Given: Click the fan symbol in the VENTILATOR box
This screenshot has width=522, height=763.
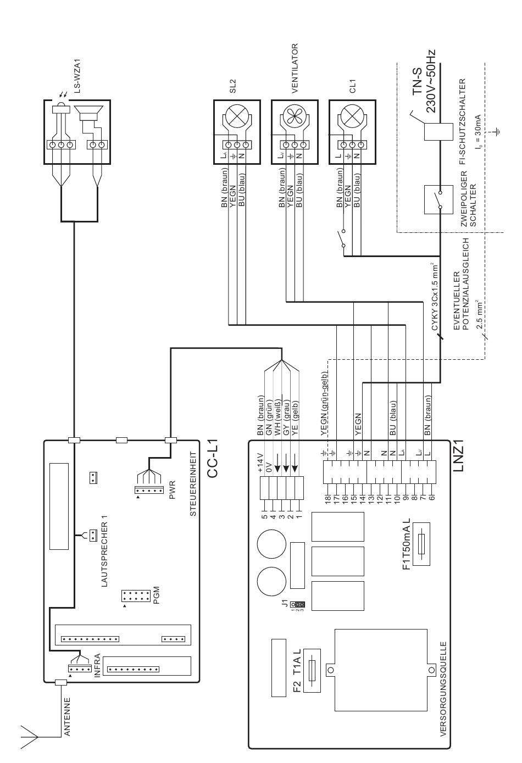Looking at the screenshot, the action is [295, 115].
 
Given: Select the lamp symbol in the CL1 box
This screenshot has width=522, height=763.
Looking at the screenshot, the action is [352, 115].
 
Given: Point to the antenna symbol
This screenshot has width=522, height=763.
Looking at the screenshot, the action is [29, 735].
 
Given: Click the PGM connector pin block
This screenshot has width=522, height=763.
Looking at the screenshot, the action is [136, 596].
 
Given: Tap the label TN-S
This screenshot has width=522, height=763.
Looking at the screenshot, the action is [417, 82].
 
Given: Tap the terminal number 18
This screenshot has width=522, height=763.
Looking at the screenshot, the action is [328, 499].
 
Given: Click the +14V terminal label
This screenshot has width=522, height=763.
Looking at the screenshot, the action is [260, 463].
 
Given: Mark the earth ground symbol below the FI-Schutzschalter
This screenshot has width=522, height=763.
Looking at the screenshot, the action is [498, 131].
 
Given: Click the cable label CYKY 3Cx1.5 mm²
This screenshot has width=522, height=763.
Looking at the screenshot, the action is [435, 296].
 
